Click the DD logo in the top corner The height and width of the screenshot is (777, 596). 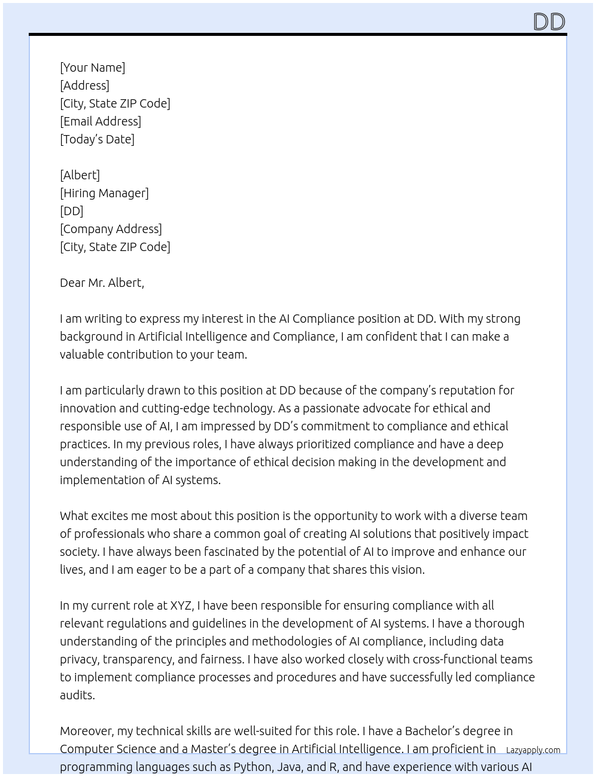(x=549, y=22)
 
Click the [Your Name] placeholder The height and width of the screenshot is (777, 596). (x=92, y=68)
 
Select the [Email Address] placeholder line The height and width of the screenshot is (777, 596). (x=101, y=121)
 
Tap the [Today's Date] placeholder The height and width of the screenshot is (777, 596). (x=97, y=139)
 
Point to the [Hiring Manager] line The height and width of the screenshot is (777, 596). (x=104, y=193)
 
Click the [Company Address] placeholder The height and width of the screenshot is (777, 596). (x=111, y=229)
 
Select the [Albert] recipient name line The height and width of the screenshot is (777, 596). (x=80, y=175)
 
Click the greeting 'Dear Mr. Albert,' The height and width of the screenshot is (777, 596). (x=102, y=283)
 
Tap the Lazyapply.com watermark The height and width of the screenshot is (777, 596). (x=533, y=750)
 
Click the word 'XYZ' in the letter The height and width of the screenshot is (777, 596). (x=181, y=605)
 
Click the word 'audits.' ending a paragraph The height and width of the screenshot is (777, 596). (x=77, y=695)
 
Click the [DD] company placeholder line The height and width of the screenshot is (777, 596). (x=71, y=211)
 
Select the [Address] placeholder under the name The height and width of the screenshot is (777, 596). (x=84, y=85)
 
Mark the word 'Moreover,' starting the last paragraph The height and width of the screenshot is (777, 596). (x=87, y=731)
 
